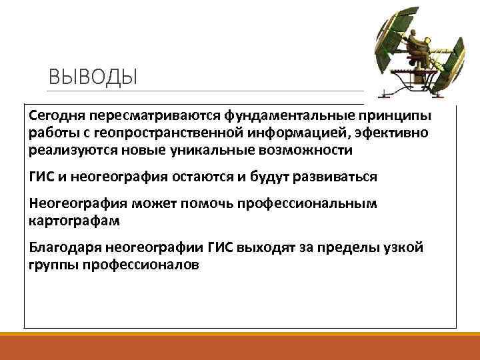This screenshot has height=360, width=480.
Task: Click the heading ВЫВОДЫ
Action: click(x=92, y=77)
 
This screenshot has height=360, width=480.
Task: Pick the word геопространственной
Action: click(x=169, y=133)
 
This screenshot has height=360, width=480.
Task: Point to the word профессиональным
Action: click(x=312, y=203)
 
